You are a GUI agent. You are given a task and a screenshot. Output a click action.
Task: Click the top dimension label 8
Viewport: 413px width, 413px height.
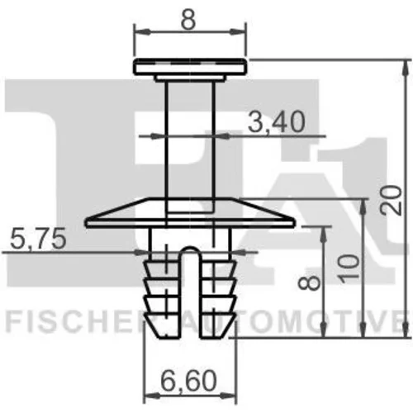(x=189, y=20)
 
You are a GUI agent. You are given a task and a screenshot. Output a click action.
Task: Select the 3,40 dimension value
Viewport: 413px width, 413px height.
(x=277, y=121)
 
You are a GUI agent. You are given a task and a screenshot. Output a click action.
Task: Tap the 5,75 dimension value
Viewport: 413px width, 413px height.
(x=38, y=238)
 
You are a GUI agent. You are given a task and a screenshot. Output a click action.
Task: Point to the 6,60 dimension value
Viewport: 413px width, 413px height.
(x=188, y=381)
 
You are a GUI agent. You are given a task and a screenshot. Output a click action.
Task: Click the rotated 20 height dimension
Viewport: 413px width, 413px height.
(x=391, y=200)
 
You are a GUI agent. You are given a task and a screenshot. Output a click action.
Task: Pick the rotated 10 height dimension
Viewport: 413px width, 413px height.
(x=349, y=268)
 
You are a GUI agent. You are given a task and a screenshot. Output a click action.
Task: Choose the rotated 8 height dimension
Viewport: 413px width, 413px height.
(x=309, y=282)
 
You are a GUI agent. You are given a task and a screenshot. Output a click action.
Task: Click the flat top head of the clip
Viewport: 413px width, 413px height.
(x=190, y=66)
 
